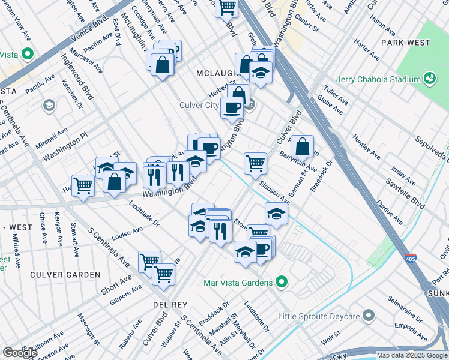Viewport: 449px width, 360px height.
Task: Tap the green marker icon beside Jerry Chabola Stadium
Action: coord(429,78)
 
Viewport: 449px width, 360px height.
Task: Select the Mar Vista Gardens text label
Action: coord(238,282)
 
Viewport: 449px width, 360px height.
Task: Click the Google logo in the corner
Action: coord(19,353)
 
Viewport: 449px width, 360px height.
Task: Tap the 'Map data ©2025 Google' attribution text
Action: coord(412,355)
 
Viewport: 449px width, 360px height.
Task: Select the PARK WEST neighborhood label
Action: coord(406,43)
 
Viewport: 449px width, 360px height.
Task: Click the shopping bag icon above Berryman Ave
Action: coord(302,146)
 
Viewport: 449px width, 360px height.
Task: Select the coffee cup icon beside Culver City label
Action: coord(232,107)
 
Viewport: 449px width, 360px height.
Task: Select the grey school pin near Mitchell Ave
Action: coord(49,106)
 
